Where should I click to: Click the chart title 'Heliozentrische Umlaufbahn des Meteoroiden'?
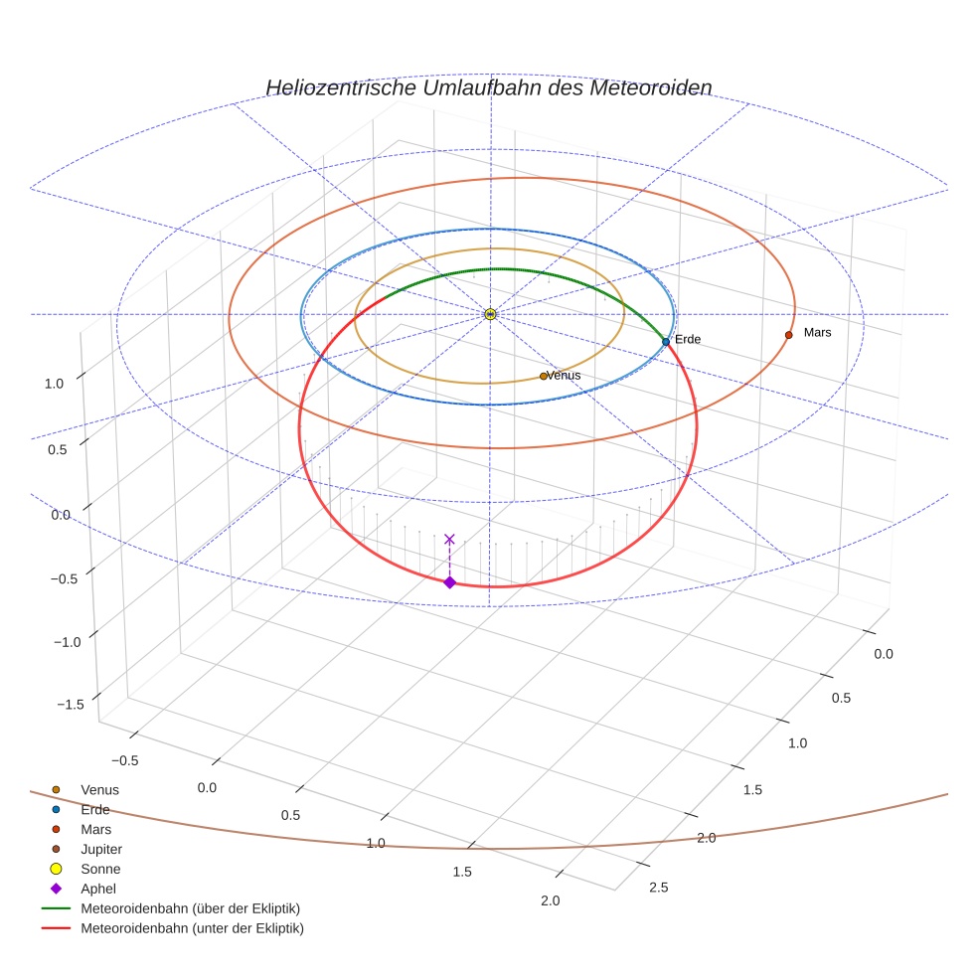point(488,87)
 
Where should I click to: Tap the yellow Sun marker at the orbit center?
point(490,314)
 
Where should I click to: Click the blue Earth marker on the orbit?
point(666,341)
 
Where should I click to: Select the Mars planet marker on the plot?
point(788,335)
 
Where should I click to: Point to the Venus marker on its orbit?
point(543,376)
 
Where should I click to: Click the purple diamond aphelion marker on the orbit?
point(449,582)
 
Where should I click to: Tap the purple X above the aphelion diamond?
point(449,539)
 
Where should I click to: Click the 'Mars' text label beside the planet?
point(817,332)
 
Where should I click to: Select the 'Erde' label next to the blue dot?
point(688,340)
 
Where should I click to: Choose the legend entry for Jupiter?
point(100,850)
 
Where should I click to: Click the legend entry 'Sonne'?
point(100,870)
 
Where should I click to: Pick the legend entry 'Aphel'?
point(97,889)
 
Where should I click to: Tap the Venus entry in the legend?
point(99,790)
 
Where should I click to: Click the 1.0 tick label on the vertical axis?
point(55,384)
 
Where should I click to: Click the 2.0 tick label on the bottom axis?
point(550,901)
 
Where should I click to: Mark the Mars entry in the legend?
point(95,830)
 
